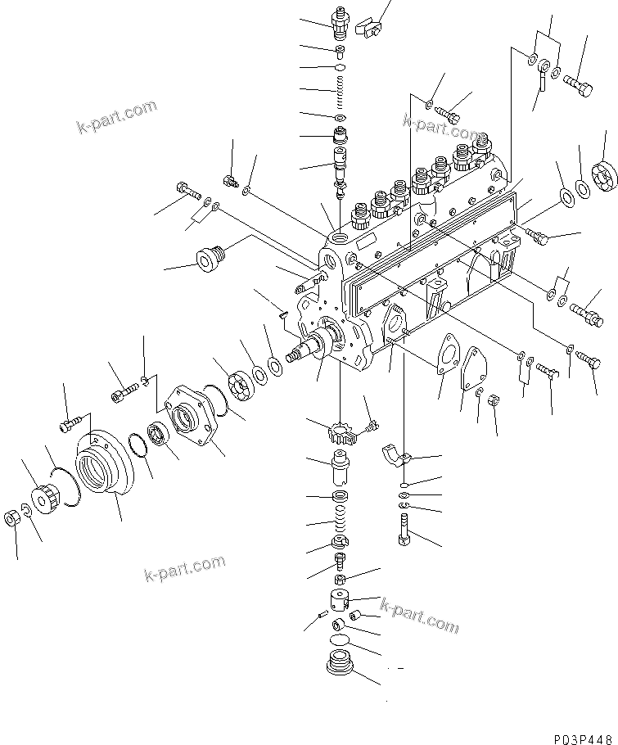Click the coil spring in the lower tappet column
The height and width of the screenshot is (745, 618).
click(339, 521)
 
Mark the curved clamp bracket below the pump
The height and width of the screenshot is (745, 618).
click(400, 457)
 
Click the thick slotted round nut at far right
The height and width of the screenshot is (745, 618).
click(604, 176)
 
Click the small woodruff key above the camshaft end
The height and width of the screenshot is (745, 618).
click(282, 310)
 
